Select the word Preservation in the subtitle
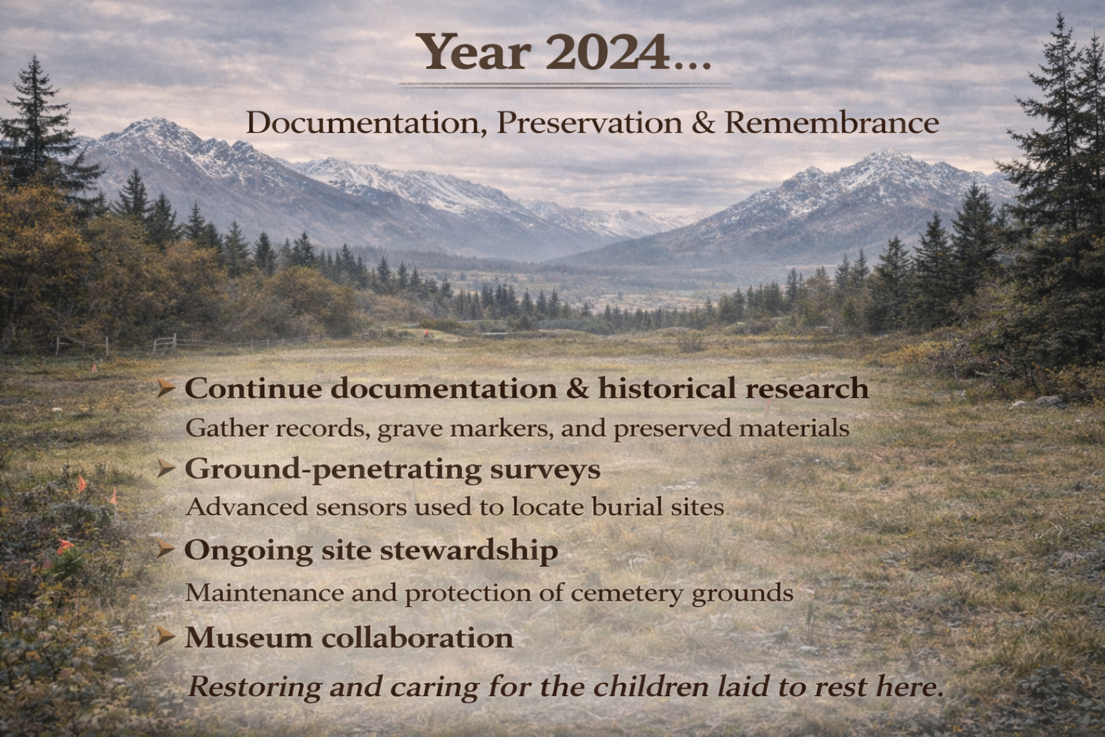589,123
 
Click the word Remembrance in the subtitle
831,123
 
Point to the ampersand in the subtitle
704,123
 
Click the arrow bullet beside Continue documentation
165,388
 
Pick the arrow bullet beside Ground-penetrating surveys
165,468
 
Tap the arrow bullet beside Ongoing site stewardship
165,549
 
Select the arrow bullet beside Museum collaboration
165,637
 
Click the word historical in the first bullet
668,389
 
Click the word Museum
248,638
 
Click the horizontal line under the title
565,86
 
